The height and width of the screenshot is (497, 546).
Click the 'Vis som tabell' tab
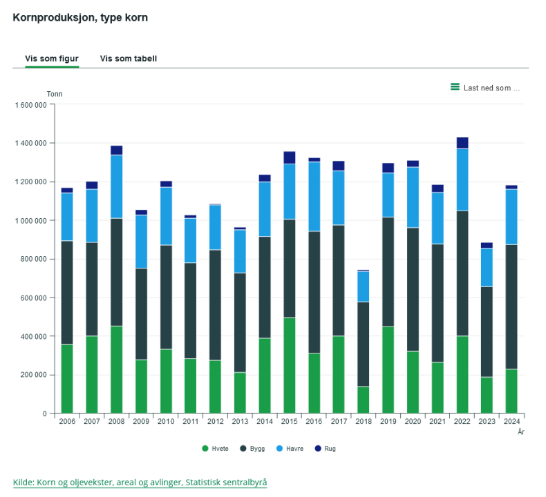point(129,59)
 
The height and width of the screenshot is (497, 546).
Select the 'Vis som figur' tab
point(52,59)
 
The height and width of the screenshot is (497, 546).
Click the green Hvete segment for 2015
point(289,365)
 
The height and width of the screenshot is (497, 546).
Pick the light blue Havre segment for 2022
point(462,179)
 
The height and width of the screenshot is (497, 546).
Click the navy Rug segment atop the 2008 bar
point(116,150)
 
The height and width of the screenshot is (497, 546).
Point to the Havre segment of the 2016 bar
point(314,197)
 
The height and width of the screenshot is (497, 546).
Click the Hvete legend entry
point(216,449)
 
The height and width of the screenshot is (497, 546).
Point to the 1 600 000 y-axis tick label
point(30,105)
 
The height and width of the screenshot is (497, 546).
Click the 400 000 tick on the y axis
point(33,336)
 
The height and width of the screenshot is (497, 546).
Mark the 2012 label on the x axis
point(215,420)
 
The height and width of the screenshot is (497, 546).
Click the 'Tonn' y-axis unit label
point(55,94)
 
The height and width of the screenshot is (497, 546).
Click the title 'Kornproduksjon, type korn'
point(80,17)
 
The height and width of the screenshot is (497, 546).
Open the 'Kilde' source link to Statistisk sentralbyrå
point(140,482)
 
